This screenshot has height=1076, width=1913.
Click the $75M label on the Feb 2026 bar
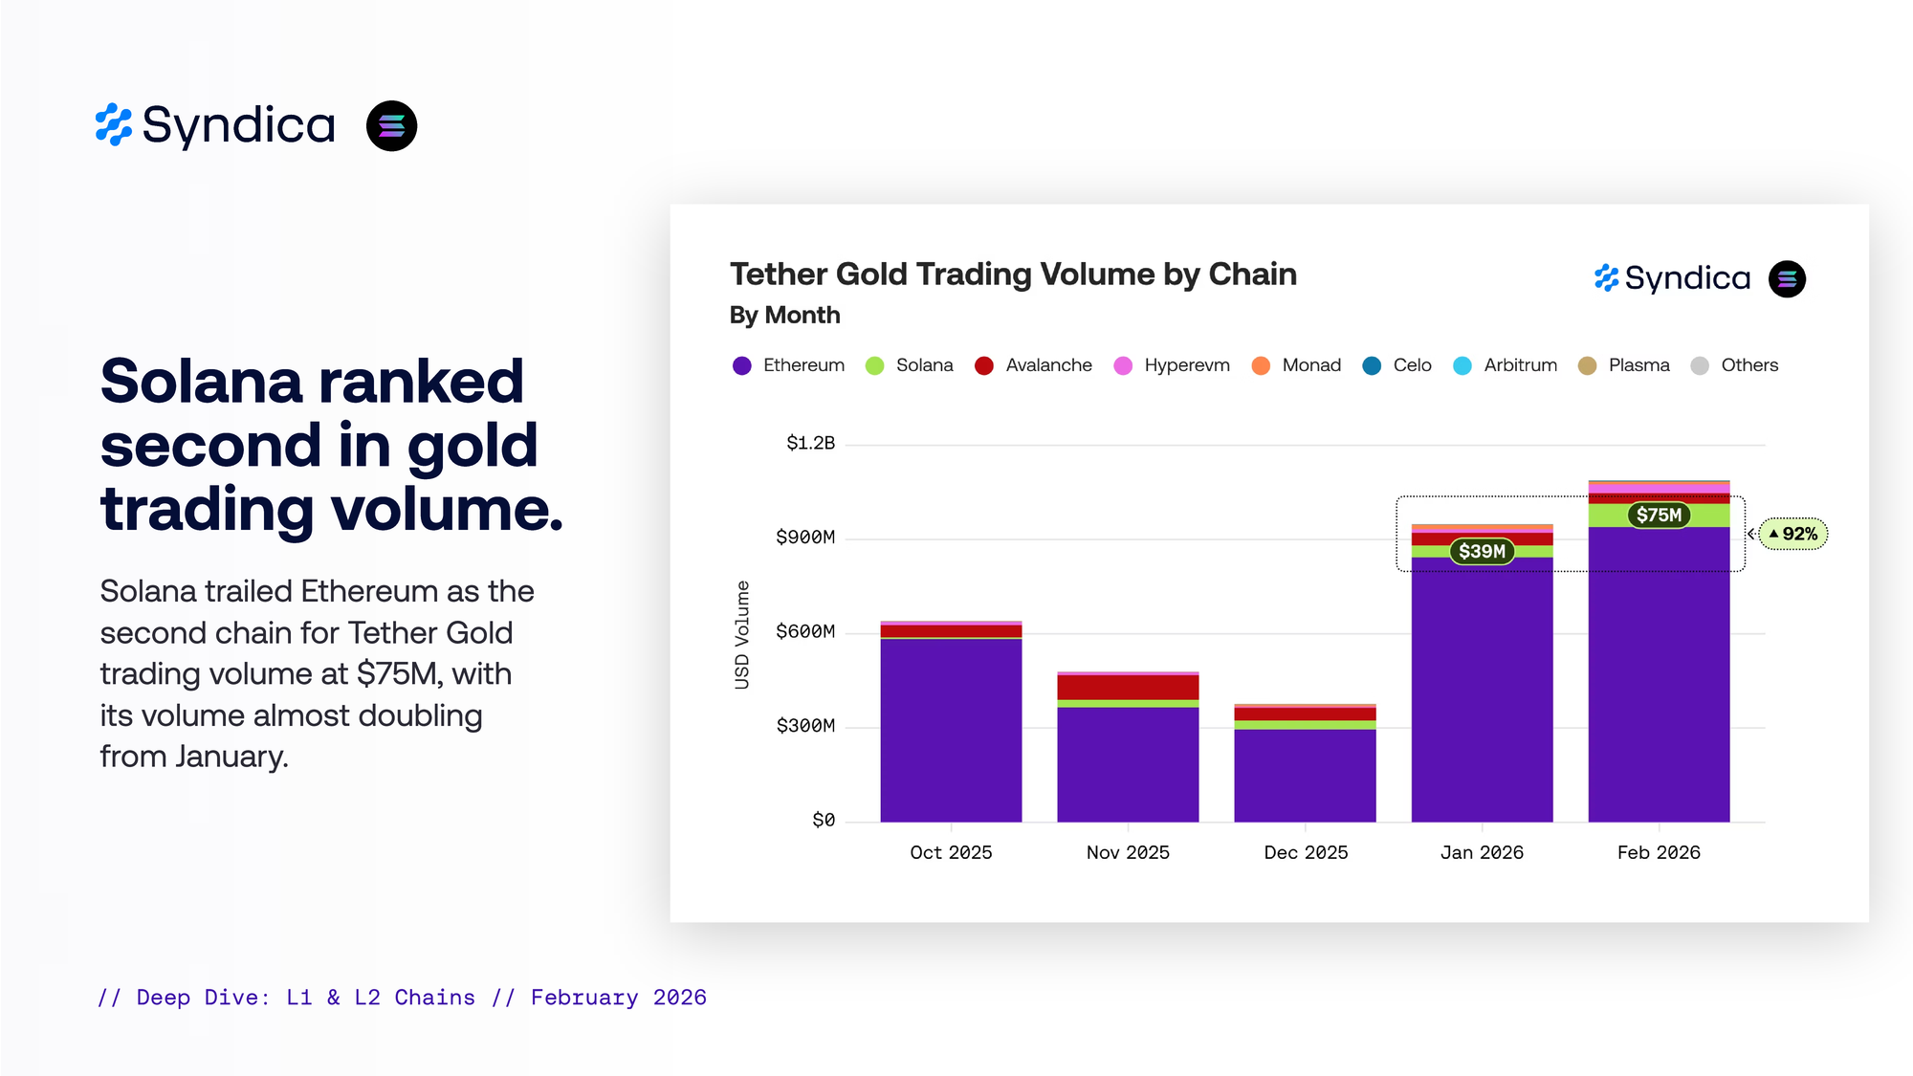[x=1659, y=516]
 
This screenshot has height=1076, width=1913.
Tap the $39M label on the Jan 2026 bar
[x=1482, y=552]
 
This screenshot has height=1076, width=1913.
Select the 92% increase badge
[x=1793, y=534]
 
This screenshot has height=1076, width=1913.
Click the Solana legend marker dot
[x=874, y=366]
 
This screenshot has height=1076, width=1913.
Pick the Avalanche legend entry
[x=1033, y=365]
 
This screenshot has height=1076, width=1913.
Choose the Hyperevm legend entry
[x=1172, y=365]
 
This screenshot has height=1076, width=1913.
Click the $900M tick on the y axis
[x=805, y=538]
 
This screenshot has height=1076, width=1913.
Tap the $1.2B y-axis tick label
[x=810, y=443]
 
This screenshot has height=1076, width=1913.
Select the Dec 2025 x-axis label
[x=1306, y=852]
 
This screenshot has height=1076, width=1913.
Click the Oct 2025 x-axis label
[x=951, y=852]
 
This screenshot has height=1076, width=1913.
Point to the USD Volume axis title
[x=742, y=635]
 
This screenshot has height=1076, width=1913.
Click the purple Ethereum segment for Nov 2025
[x=1128, y=764]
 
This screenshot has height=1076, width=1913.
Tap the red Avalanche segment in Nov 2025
[x=1128, y=687]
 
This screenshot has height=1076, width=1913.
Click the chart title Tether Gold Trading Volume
[x=1013, y=274]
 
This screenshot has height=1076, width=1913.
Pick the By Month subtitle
[x=784, y=316]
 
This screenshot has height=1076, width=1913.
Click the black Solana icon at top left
[x=391, y=126]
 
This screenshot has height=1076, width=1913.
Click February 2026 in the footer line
[x=618, y=998]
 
